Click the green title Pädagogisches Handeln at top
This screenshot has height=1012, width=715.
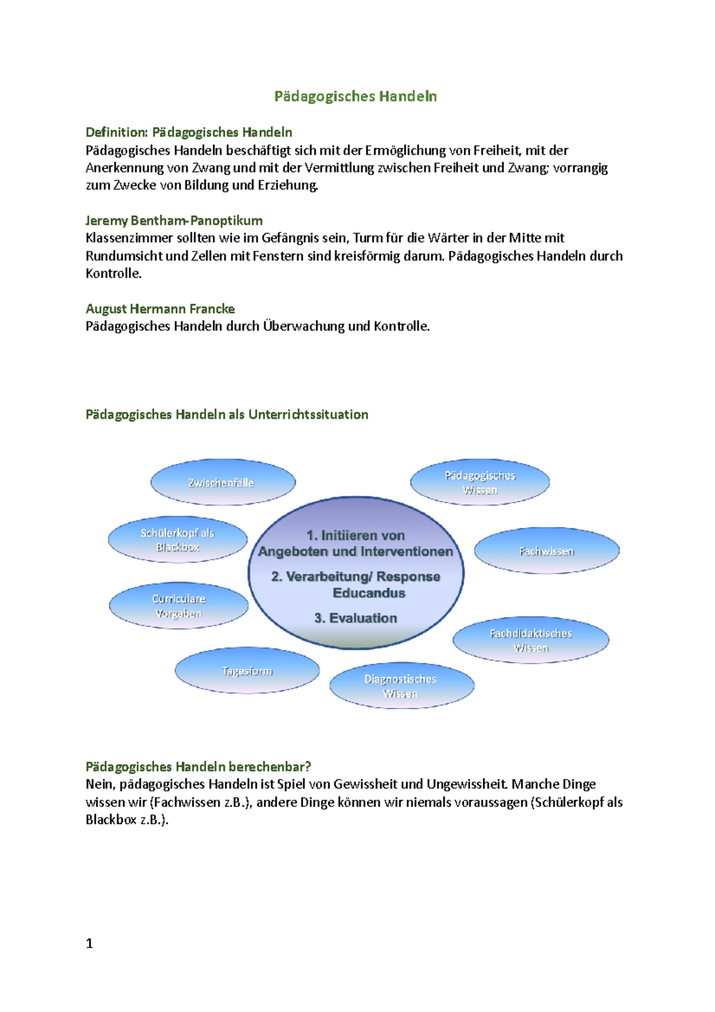(x=355, y=97)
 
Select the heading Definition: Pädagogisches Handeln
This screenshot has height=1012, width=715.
(x=189, y=132)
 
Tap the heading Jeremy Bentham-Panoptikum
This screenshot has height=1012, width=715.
(x=174, y=221)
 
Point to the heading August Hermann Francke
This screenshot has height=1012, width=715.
(x=160, y=309)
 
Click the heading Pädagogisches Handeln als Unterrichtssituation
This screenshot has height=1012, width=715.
(x=227, y=415)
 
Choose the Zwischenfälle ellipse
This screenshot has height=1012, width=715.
(x=222, y=483)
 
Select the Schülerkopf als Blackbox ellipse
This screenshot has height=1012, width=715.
(x=178, y=540)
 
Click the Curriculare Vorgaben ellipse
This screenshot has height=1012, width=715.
(x=179, y=606)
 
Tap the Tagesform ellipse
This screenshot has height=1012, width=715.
(x=247, y=671)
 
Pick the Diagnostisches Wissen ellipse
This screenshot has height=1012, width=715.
(x=401, y=686)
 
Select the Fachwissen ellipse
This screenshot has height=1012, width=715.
(x=546, y=551)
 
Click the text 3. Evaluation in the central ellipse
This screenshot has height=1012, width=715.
(x=356, y=618)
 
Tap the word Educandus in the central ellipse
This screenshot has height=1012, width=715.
(x=369, y=593)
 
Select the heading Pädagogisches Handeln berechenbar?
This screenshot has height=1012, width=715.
(x=198, y=767)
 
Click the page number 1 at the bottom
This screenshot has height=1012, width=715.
(x=89, y=943)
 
